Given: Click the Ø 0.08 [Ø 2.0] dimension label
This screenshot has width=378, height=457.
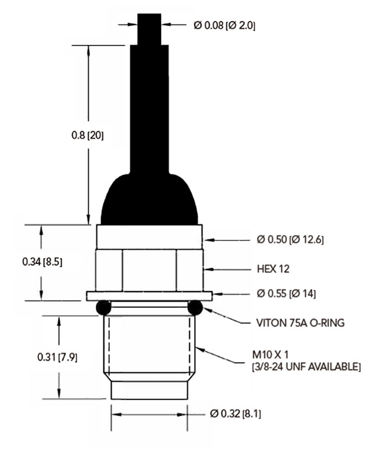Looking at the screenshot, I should [x=224, y=26].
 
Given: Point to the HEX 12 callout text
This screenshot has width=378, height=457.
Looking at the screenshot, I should [x=273, y=269].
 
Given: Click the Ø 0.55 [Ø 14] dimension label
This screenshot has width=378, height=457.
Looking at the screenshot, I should [x=286, y=293].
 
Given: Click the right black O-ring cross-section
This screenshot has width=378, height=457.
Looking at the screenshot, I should [x=194, y=307].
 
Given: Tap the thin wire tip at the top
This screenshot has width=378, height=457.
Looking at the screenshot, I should [x=149, y=23].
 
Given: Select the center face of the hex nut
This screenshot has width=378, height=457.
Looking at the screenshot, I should [x=149, y=269].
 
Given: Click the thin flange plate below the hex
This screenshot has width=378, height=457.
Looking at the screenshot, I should [x=149, y=296].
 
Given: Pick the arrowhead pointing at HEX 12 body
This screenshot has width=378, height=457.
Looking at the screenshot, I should [x=206, y=269].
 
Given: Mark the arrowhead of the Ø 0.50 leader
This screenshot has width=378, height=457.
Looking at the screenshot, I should [x=206, y=239].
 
